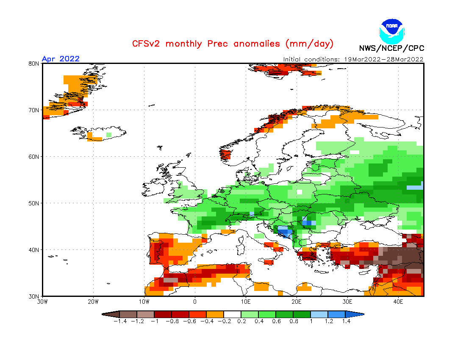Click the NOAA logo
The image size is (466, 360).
click(392, 31)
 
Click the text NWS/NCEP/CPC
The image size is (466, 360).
click(391, 48)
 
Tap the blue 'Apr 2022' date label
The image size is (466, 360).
click(61, 58)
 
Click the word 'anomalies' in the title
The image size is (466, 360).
click(256, 44)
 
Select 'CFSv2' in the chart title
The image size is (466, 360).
click(146, 44)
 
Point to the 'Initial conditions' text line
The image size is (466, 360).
click(353, 59)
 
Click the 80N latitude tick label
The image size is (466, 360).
click(34, 64)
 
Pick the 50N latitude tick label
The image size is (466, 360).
click(34, 203)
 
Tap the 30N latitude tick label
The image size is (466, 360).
click(34, 296)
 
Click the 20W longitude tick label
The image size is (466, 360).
click(93, 302)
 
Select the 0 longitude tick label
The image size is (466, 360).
click(195, 302)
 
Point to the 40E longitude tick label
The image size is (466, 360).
click(398, 302)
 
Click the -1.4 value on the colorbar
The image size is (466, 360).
click(120, 321)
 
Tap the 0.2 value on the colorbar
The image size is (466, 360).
click(241, 321)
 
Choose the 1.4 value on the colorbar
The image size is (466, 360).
click(346, 321)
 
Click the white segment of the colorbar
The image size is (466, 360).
click(233, 314)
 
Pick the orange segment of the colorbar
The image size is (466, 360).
click(215, 314)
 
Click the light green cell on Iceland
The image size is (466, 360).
click(109, 135)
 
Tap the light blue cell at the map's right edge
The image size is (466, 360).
click(415, 188)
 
